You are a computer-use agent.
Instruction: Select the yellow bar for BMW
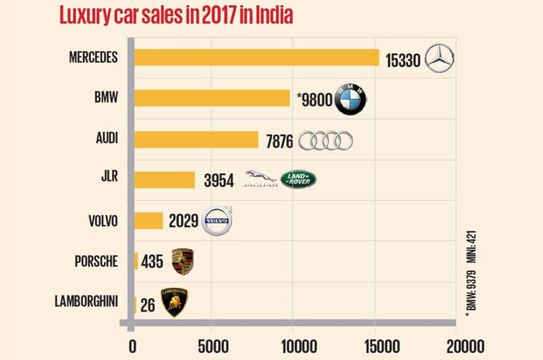point(213,99)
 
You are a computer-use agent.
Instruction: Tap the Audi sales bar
point(197,140)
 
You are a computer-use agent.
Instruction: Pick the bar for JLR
point(165,180)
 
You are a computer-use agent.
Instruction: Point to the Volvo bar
point(149,221)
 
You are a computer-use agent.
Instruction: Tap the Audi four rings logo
point(326,140)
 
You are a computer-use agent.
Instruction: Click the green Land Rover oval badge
point(299,180)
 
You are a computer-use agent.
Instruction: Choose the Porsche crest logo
point(182,262)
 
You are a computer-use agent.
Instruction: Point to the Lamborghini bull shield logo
point(174,303)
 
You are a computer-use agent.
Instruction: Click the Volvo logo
point(217,222)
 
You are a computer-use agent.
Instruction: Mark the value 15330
point(403,59)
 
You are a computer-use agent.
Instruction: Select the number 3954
point(217,181)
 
